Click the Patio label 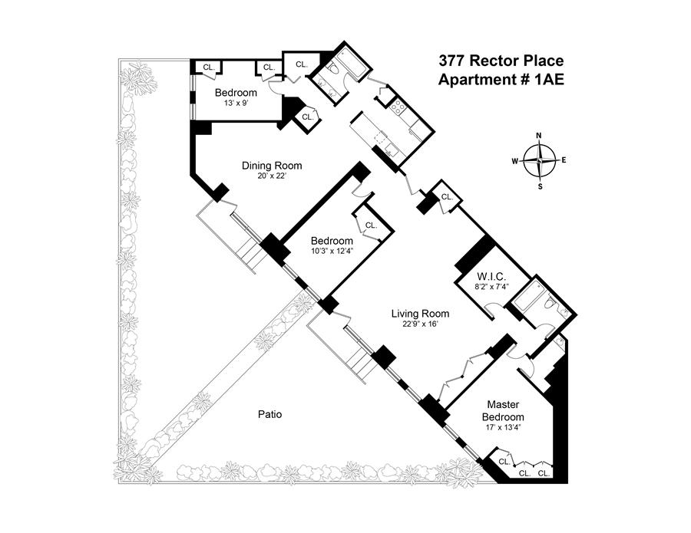269,414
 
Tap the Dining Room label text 272,166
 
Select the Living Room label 421,314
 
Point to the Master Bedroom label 503,410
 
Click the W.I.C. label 491,277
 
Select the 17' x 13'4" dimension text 503,426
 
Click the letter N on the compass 538,136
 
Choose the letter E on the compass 564,160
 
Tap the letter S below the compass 541,186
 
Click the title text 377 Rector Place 501,61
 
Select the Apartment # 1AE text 501,80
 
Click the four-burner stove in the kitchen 398,107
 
